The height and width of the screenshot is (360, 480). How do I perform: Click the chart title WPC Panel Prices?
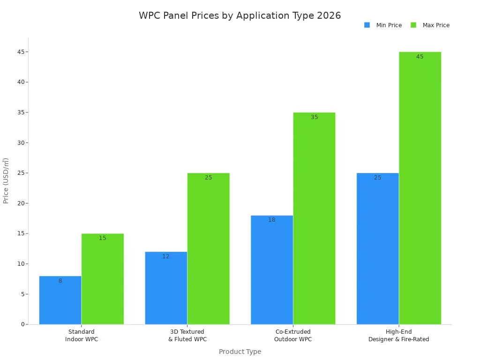tap(240, 15)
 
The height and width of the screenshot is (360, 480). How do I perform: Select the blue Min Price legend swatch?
tap(367, 25)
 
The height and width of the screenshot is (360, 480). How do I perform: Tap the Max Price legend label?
tap(436, 25)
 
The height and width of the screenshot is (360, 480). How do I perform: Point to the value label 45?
tap(420, 57)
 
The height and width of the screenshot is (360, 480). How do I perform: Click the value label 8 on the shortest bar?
tap(60, 281)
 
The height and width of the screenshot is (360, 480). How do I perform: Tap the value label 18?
tap(272, 220)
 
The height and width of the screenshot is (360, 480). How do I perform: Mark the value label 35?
tap(314, 117)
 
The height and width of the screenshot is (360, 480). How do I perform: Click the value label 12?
tap(166, 256)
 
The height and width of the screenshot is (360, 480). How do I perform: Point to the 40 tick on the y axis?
tap(20, 82)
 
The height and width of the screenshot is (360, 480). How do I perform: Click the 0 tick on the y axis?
tap(22, 324)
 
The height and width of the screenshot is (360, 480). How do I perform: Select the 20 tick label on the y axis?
tap(20, 203)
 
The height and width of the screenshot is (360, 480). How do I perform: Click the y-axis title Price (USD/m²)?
tap(6, 180)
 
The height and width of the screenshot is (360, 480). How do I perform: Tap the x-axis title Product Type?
tap(240, 352)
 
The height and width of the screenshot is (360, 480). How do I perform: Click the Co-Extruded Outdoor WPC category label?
tap(293, 336)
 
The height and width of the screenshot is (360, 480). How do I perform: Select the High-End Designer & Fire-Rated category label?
tap(398, 336)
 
